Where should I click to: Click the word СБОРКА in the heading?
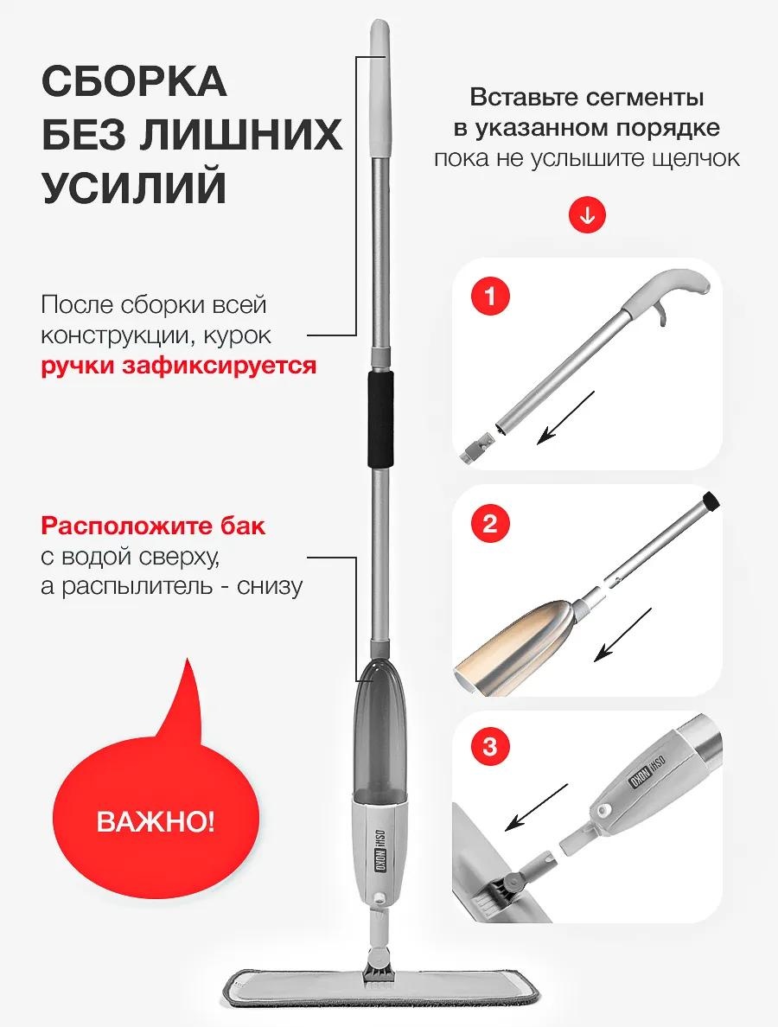point(135,81)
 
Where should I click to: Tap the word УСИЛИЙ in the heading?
point(135,188)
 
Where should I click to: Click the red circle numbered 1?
point(490,297)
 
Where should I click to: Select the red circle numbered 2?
point(490,524)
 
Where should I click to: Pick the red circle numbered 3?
point(490,747)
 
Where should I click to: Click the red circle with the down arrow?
point(588,214)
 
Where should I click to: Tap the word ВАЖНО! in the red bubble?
point(156,821)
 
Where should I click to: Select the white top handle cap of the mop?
point(379,88)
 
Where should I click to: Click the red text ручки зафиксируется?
point(178,366)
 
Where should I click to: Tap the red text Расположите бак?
point(153,526)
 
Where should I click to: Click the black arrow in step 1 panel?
point(566,418)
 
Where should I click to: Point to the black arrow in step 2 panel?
point(622,635)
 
